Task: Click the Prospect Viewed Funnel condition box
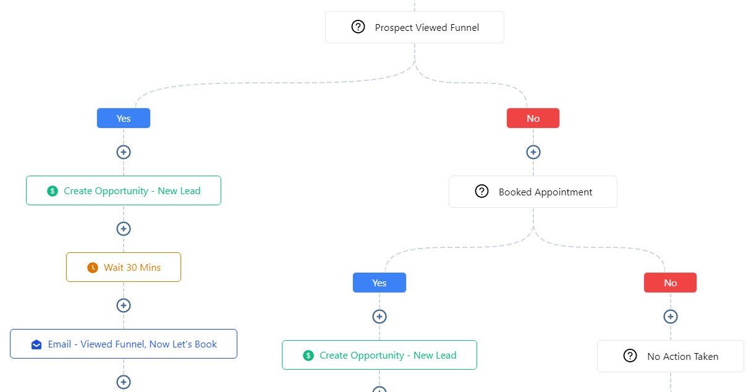click(414, 27)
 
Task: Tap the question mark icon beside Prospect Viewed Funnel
click(358, 27)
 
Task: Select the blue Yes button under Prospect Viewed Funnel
click(124, 118)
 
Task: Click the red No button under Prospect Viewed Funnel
click(533, 118)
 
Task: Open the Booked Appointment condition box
click(533, 192)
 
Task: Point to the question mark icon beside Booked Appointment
click(482, 192)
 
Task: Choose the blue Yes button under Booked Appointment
click(379, 283)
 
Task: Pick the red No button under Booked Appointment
click(670, 283)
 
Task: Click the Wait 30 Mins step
click(124, 267)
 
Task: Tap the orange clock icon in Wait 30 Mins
click(93, 268)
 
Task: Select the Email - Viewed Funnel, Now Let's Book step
click(124, 344)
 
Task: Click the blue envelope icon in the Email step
click(36, 344)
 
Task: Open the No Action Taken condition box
click(670, 356)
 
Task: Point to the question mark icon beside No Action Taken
click(630, 356)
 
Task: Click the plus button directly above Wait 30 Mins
click(124, 229)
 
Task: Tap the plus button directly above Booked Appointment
click(533, 152)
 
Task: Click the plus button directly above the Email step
click(124, 305)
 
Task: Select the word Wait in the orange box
click(113, 268)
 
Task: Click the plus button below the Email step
click(124, 382)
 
